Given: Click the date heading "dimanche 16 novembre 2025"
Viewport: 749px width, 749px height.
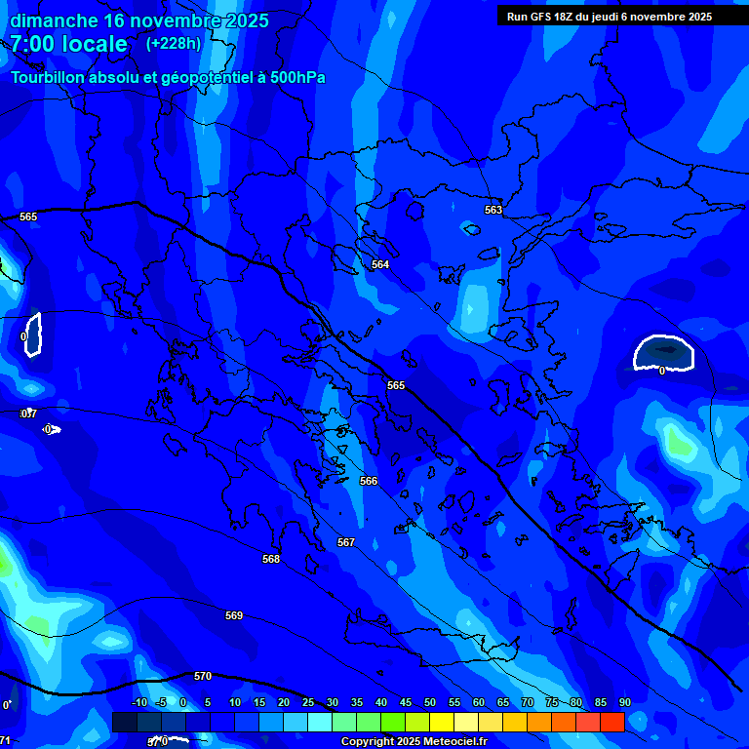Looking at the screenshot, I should pyautogui.click(x=139, y=20).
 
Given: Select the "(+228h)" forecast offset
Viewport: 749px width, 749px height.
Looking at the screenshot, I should pyautogui.click(x=174, y=43).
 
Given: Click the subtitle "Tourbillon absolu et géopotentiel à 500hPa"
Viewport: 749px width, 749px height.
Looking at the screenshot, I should pyautogui.click(x=168, y=77).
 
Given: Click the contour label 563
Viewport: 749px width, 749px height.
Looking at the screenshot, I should pyautogui.click(x=493, y=210).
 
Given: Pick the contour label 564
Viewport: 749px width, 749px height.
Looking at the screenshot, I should pyautogui.click(x=380, y=264).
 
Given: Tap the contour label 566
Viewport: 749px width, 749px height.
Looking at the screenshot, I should pyautogui.click(x=369, y=481).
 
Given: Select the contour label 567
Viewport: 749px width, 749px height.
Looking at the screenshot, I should pyautogui.click(x=346, y=542).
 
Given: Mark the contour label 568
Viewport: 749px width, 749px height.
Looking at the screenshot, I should pyautogui.click(x=271, y=559).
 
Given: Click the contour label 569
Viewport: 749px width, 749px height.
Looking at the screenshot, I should pyautogui.click(x=234, y=615).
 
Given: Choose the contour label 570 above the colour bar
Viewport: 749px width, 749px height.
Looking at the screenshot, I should pyautogui.click(x=203, y=676).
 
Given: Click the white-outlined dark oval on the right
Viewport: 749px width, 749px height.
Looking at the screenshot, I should pyautogui.click(x=663, y=352).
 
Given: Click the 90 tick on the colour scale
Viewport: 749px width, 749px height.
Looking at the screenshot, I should pyautogui.click(x=624, y=702).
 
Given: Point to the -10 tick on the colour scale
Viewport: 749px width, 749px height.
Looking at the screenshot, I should pyautogui.click(x=139, y=702).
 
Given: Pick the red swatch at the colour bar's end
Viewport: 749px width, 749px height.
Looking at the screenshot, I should pyautogui.click(x=612, y=722).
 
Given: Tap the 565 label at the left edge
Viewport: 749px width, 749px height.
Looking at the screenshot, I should pyautogui.click(x=28, y=217).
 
